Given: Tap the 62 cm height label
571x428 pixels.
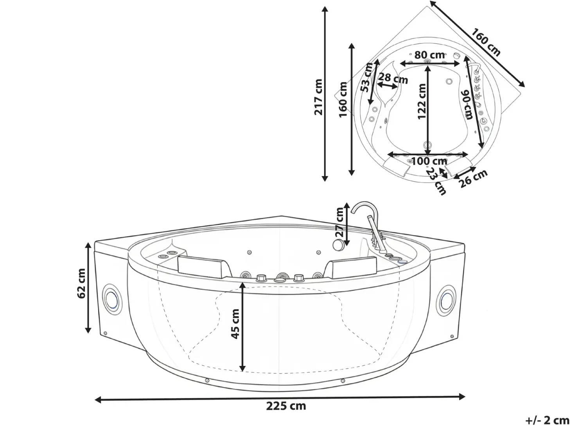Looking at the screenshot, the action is [x=81, y=284].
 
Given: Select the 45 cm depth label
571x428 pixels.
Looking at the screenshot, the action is [x=235, y=324].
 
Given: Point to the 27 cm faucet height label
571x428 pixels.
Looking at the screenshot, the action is [x=340, y=222].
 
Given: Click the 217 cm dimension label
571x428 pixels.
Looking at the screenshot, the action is [x=318, y=97].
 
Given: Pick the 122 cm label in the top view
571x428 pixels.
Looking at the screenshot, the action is [x=422, y=101].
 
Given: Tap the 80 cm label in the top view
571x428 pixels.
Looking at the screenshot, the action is [x=429, y=55].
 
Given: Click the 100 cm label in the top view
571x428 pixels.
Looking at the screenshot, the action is [x=429, y=161].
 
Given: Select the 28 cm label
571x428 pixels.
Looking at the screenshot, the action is [x=393, y=78].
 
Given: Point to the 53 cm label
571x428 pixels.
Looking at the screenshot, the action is [x=367, y=77].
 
